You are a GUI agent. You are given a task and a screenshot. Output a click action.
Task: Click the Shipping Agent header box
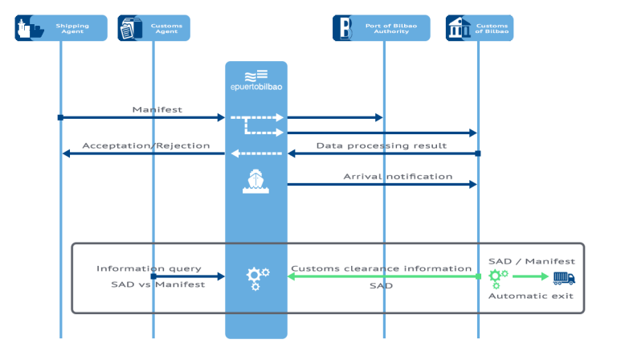coord(61,28)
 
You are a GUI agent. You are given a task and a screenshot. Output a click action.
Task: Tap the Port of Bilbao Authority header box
coord(381,28)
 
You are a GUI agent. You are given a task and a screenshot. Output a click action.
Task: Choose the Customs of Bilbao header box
coord(480,28)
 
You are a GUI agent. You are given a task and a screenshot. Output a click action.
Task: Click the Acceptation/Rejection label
coord(145,145)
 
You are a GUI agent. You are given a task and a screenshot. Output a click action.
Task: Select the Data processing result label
coord(381,145)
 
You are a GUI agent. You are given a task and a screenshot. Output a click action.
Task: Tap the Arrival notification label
coord(398,176)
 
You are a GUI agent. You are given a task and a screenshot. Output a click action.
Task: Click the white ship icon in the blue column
coord(255,182)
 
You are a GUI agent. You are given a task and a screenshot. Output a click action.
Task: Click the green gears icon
coord(498,277)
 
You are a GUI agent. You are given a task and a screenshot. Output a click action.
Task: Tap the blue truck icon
coord(564,277)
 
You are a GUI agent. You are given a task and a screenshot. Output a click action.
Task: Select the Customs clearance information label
coord(381,268)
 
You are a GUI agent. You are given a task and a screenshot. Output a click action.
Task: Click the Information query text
coord(149,268)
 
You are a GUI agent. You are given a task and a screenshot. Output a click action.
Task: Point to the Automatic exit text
coord(531,297)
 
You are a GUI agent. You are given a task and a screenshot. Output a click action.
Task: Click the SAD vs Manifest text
coord(157,284)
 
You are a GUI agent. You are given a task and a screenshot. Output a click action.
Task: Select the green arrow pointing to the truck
coord(530,277)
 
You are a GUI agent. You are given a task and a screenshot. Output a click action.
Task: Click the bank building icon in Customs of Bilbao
coord(460,28)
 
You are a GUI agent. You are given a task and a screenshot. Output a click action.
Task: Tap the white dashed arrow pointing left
coord(256,153)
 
